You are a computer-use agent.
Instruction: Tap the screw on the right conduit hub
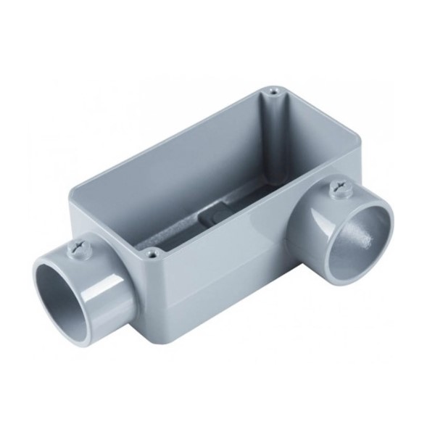337,191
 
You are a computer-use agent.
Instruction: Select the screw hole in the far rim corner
272,92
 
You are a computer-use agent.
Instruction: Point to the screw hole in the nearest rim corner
151,254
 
